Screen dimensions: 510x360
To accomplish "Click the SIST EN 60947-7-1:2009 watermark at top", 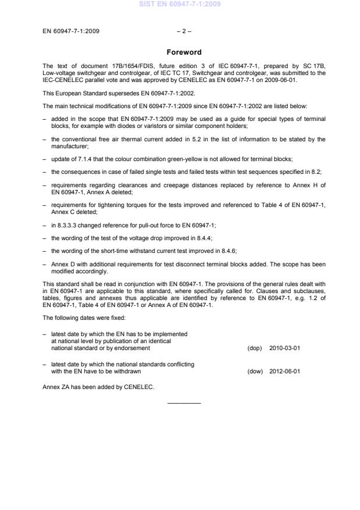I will [x=180, y=5].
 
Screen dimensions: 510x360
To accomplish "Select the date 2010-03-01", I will [x=285, y=348].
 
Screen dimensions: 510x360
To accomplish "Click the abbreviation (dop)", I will [x=255, y=348].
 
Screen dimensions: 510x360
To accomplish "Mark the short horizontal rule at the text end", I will [x=184, y=403].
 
